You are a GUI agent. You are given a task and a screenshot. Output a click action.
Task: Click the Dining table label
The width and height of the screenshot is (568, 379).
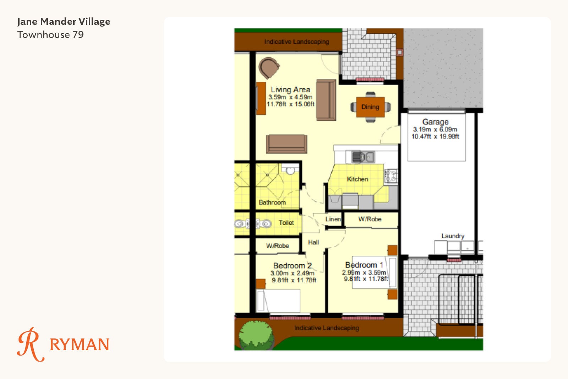(x=370, y=107)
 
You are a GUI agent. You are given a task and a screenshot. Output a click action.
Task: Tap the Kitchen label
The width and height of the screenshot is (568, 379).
(x=357, y=179)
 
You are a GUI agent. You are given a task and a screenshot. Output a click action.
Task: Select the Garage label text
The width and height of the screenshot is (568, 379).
(x=435, y=122)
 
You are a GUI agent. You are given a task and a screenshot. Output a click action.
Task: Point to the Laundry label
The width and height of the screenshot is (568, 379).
(x=453, y=236)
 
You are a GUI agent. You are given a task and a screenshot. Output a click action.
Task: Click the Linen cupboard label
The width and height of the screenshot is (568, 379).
(x=333, y=219)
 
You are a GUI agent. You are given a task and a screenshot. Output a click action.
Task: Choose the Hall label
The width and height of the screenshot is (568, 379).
(x=313, y=242)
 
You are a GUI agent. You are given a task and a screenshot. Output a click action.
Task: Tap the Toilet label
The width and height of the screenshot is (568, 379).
(x=286, y=222)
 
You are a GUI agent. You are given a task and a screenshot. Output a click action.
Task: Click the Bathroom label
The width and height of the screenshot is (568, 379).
(x=272, y=202)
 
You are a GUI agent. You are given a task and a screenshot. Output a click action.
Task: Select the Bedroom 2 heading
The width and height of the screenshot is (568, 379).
(x=293, y=266)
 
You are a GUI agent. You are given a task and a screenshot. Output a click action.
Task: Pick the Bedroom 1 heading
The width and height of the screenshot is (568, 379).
(x=364, y=265)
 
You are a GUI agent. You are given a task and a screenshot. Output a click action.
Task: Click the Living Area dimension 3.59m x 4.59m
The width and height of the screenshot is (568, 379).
(x=290, y=97)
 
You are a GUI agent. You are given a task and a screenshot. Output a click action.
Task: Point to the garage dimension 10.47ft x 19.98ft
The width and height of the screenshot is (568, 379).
(x=435, y=136)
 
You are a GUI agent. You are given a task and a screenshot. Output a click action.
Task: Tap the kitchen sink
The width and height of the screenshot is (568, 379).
(x=363, y=157)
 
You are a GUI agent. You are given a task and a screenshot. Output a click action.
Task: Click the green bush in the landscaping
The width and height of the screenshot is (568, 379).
(x=256, y=335)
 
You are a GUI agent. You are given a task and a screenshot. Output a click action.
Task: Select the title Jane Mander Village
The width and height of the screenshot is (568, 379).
(x=64, y=22)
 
